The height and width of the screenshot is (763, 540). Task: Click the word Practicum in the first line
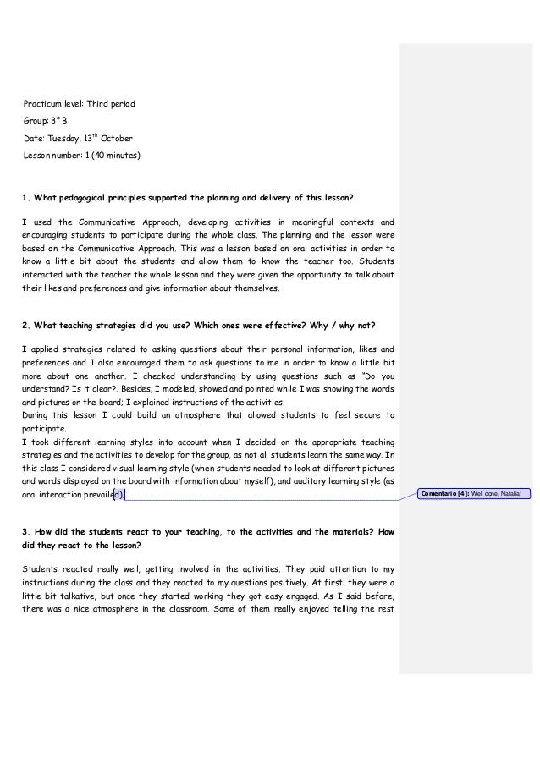pyautogui.click(x=41, y=104)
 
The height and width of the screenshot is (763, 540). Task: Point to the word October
pyautogui.click(x=117, y=139)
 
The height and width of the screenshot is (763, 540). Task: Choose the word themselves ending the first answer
pyautogui.click(x=254, y=288)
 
